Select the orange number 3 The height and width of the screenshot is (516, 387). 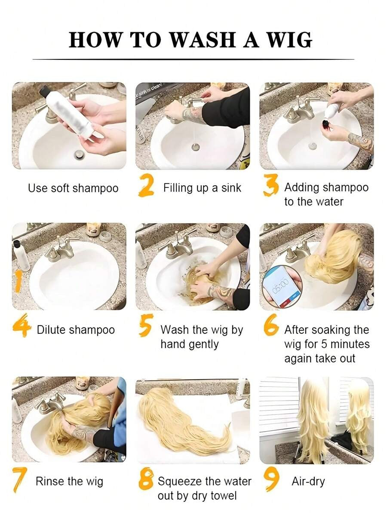(271, 186)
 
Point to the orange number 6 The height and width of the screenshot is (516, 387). (271, 325)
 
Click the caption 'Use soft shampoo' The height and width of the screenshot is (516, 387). (73, 189)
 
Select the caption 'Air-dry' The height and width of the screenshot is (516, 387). (308, 482)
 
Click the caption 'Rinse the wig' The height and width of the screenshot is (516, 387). (69, 481)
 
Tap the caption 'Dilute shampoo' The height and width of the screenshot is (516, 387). (76, 330)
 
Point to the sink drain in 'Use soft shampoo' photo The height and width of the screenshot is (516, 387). (79, 154)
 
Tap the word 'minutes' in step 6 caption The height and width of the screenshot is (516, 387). (350, 344)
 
